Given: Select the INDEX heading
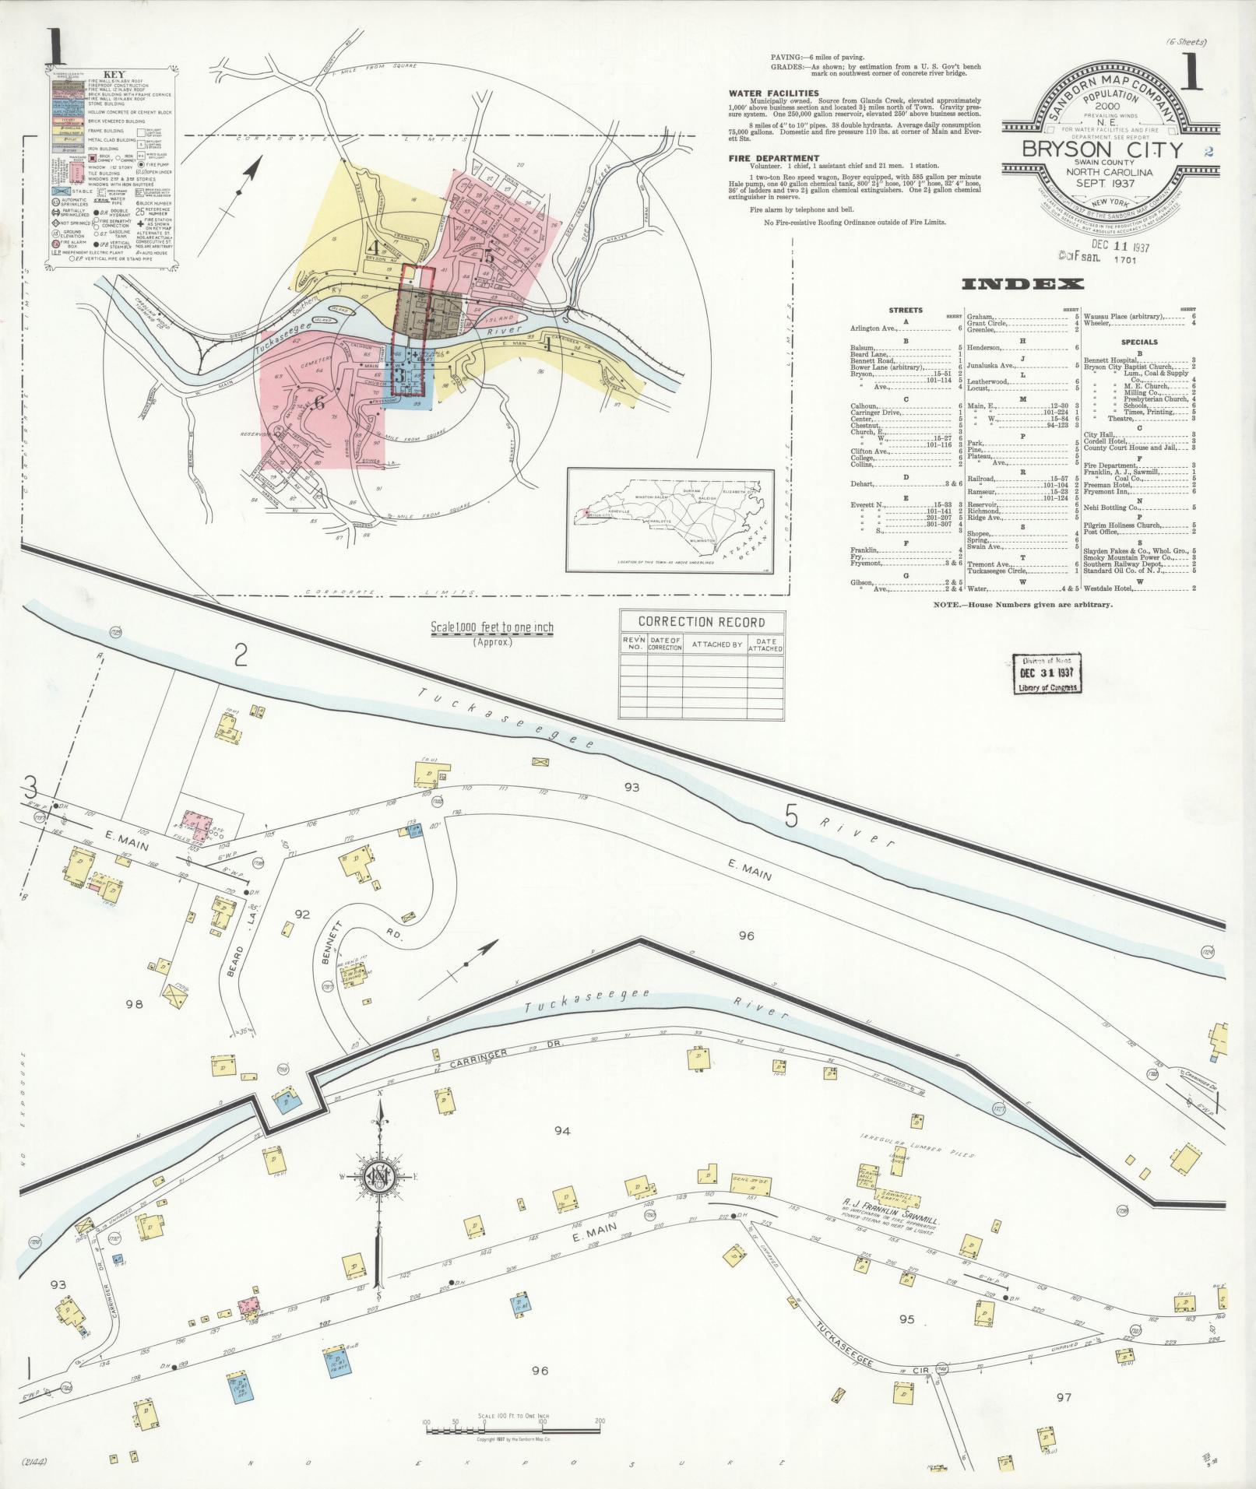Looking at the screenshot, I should (x=1022, y=284).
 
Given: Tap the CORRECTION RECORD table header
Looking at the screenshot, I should (x=701, y=622).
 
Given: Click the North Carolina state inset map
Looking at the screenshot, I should (x=670, y=519).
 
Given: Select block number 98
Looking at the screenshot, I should (x=134, y=1003).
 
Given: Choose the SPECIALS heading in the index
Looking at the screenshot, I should (x=1140, y=342).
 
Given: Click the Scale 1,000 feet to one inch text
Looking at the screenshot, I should (x=492, y=628).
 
